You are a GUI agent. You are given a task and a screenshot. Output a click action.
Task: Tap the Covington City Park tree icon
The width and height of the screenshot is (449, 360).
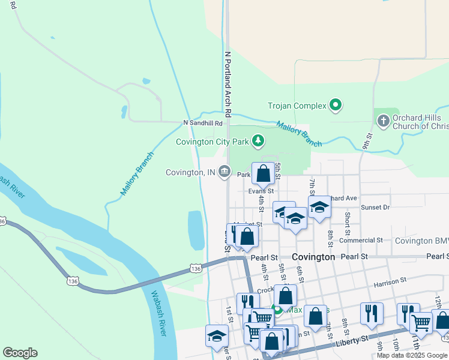(258, 141)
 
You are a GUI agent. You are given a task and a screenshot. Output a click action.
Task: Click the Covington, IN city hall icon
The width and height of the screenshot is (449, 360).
(224, 172)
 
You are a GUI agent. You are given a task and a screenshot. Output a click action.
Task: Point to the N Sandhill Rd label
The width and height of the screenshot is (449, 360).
(203, 123)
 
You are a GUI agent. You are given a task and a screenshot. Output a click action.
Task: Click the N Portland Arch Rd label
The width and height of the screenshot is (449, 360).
(228, 83)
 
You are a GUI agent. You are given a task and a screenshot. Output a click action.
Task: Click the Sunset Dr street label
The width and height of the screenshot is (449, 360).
(375, 207)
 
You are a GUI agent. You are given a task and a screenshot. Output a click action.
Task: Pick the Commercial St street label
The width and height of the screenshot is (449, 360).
(361, 240)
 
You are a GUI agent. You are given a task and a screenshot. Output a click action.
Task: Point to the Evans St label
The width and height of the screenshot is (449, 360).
(261, 191)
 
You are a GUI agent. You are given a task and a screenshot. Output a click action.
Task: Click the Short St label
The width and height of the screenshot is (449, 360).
(347, 223)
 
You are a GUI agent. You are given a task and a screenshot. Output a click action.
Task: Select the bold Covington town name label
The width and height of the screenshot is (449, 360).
(313, 256)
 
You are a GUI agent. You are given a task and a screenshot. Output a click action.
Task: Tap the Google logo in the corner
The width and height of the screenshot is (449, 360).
(20, 352)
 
